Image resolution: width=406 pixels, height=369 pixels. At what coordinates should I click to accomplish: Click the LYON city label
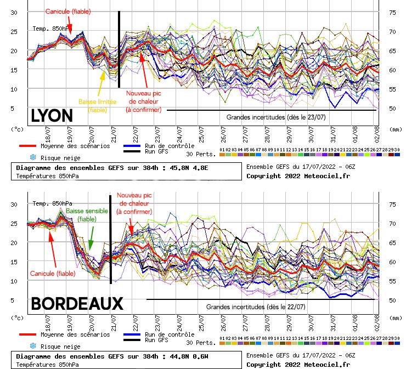tap(52, 116)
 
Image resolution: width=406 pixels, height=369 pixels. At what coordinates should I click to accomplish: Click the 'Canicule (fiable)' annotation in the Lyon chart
tap(68, 11)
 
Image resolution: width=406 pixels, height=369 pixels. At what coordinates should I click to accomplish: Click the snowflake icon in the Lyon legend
tap(25, 157)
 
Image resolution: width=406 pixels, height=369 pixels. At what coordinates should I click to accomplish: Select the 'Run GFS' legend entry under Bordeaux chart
tap(168, 340)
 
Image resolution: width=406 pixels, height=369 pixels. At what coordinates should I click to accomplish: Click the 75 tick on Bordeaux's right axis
tap(392, 204)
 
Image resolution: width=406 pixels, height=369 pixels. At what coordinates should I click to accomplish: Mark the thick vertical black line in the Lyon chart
tap(119, 49)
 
